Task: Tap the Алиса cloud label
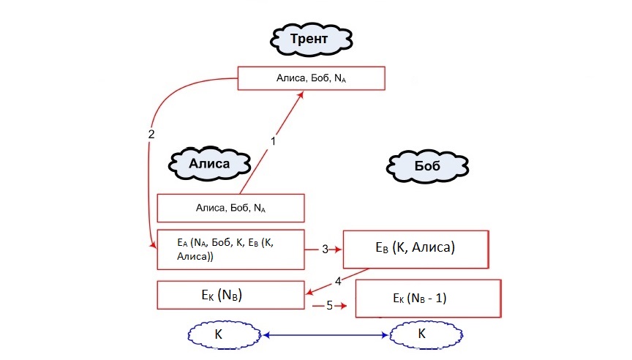[209, 163]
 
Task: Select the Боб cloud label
[426, 166]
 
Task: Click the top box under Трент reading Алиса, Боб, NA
[311, 78]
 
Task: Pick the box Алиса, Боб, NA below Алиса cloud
[230, 208]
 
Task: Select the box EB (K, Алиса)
[415, 249]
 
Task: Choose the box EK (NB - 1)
[427, 298]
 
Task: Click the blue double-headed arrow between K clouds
[326, 335]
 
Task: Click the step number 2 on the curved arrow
[151, 135]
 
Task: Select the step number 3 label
[325, 249]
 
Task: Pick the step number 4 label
[338, 280]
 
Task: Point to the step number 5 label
[329, 305]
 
